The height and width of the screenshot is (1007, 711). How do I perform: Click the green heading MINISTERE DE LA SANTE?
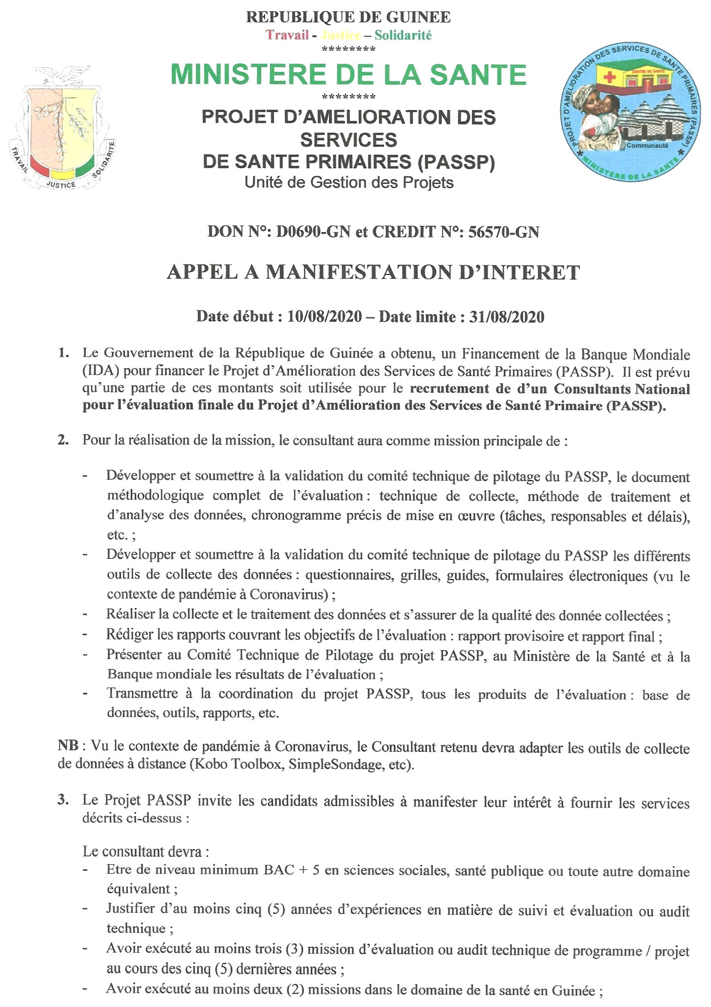click(x=348, y=75)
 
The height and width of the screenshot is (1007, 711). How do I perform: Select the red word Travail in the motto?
click(x=287, y=35)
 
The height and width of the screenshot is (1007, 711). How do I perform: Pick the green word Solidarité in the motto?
click(x=403, y=35)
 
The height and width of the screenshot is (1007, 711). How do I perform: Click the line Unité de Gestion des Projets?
click(x=349, y=183)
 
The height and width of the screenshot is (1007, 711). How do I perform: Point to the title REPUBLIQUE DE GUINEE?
click(x=348, y=17)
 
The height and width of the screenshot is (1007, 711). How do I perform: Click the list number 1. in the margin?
click(x=63, y=353)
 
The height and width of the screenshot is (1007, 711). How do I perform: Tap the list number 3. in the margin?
click(x=63, y=800)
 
